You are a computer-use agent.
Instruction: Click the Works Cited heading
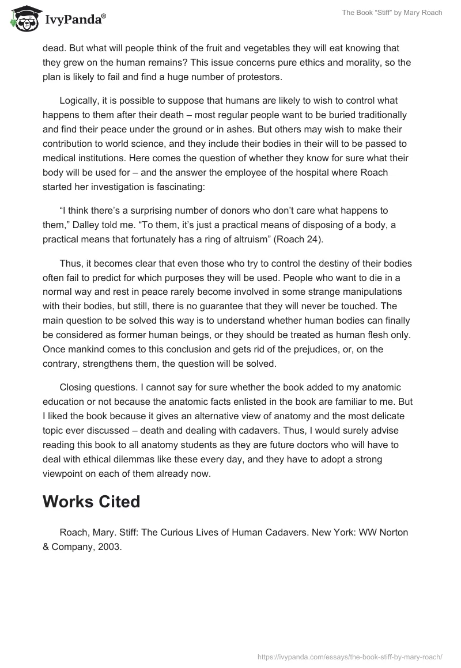pyautogui.click(x=92, y=502)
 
